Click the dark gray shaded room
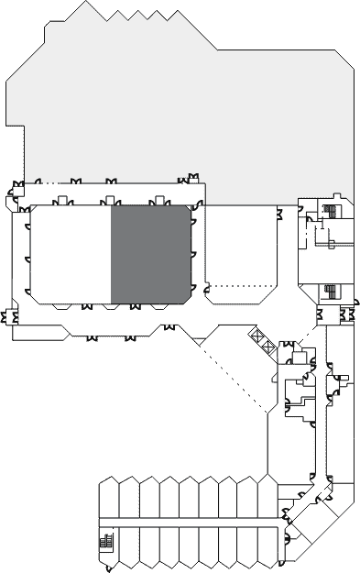click(x=150, y=254)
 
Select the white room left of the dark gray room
click(x=71, y=254)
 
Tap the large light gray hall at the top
click(x=183, y=110)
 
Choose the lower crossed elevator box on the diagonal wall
click(x=267, y=347)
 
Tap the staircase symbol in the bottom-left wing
click(x=105, y=542)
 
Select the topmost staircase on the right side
click(x=330, y=212)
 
